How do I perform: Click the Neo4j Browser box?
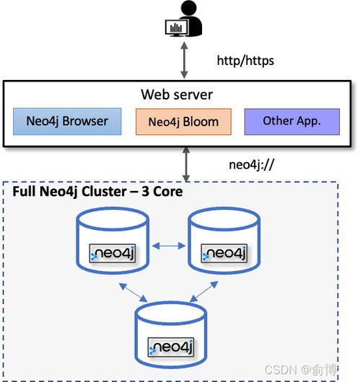(x=67, y=121)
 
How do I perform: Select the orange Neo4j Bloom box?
(x=183, y=122)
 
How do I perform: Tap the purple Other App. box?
(x=292, y=121)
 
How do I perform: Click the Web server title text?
(x=177, y=94)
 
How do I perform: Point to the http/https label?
(x=245, y=61)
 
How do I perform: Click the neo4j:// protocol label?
(x=252, y=164)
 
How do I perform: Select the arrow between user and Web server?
(x=184, y=60)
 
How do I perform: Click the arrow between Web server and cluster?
(x=186, y=164)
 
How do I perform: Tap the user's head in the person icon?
(x=189, y=8)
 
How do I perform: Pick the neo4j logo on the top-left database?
(x=113, y=253)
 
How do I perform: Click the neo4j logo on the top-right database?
(x=224, y=253)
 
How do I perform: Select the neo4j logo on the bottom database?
(x=171, y=347)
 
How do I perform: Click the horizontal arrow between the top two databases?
(x=169, y=246)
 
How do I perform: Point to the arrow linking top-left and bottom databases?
(x=133, y=293)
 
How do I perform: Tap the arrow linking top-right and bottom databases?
(x=203, y=292)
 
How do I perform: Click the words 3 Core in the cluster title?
(x=162, y=192)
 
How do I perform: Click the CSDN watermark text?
(x=281, y=370)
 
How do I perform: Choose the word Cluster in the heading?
(x=104, y=192)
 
